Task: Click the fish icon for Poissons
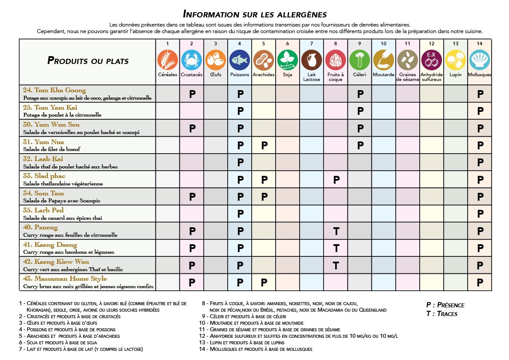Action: click(x=239, y=60)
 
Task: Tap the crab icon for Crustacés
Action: click(x=192, y=60)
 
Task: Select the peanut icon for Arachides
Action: click(x=263, y=60)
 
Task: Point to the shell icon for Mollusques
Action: click(x=480, y=60)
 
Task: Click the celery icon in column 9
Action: click(x=360, y=60)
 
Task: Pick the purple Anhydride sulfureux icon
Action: click(x=431, y=60)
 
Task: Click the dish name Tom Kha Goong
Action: click(x=54, y=91)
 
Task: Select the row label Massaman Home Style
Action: click(x=65, y=279)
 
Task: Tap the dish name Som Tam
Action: click(x=44, y=193)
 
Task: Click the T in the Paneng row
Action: click(x=336, y=231)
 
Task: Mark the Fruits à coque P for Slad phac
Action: click(x=336, y=180)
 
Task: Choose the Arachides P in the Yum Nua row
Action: click(x=264, y=145)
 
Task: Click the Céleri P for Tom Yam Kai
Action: click(x=360, y=111)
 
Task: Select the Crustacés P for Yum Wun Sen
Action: click(x=192, y=128)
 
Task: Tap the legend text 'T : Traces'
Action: click(x=442, y=313)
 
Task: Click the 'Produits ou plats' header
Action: click(x=88, y=61)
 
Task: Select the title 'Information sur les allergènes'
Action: click(x=254, y=14)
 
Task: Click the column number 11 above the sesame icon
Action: click(x=408, y=44)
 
